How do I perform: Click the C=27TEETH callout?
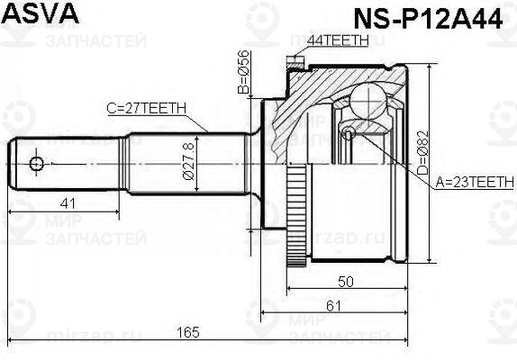(147, 108)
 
